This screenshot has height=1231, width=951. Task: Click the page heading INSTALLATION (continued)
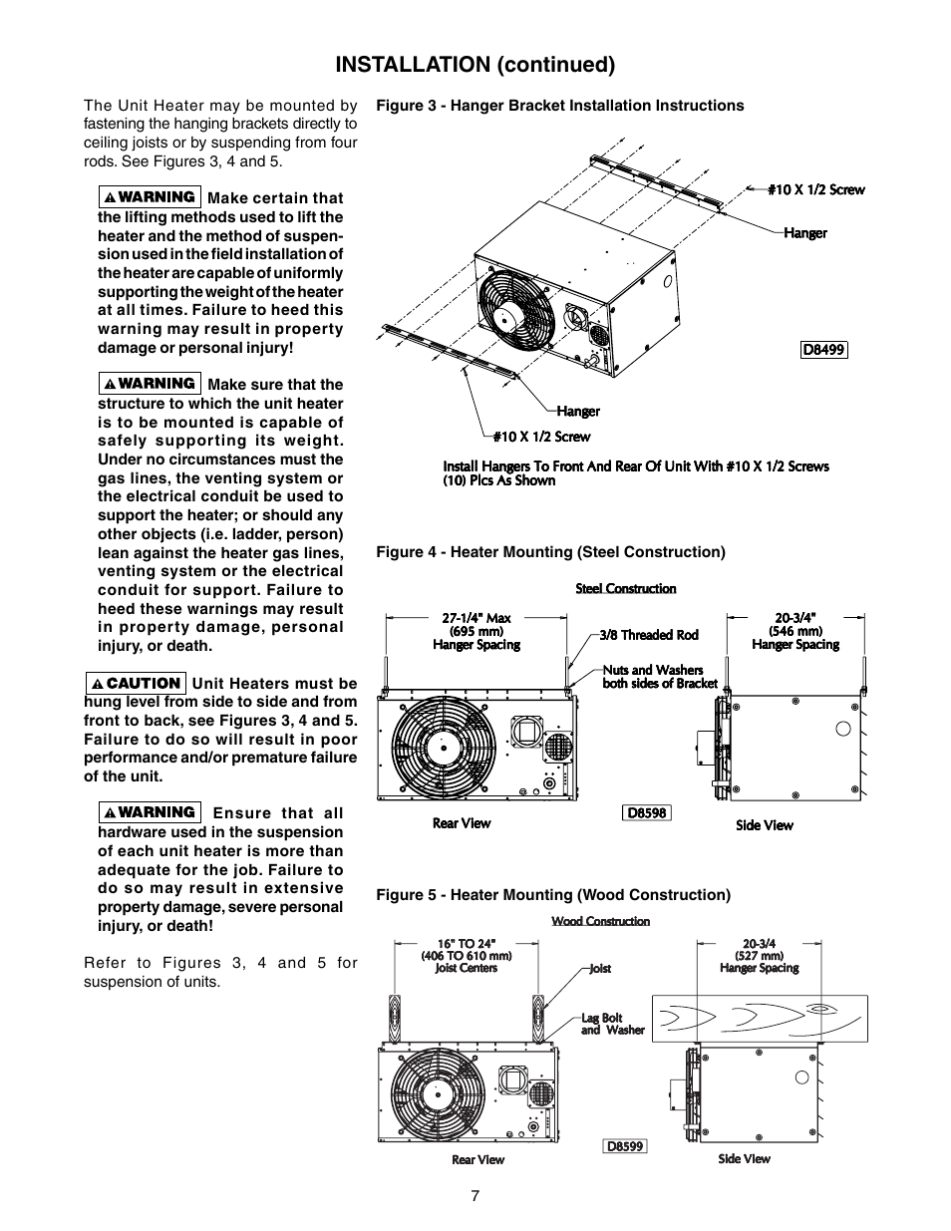pyautogui.click(x=475, y=65)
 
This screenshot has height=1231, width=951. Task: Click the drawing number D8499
pyautogui.click(x=824, y=350)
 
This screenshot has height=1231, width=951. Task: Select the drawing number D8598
pyautogui.click(x=646, y=812)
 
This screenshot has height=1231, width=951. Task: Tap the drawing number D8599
pyautogui.click(x=626, y=1146)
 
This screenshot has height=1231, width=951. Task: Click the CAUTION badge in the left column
pyautogui.click(x=136, y=683)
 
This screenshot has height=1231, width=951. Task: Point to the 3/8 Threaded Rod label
pyautogui.click(x=649, y=635)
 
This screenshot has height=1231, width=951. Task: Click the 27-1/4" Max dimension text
pyautogui.click(x=476, y=618)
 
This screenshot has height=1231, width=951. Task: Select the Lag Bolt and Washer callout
pyautogui.click(x=613, y=1025)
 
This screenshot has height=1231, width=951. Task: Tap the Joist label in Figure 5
pyautogui.click(x=600, y=969)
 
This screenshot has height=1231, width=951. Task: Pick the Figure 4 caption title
pyautogui.click(x=550, y=552)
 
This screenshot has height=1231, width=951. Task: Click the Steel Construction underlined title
pyautogui.click(x=626, y=588)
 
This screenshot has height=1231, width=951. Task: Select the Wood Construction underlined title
pyautogui.click(x=601, y=921)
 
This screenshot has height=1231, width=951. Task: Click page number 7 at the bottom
pyautogui.click(x=475, y=1196)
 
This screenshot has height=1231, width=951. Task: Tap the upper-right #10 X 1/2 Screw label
pyautogui.click(x=815, y=189)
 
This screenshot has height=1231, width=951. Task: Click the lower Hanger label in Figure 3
pyautogui.click(x=578, y=411)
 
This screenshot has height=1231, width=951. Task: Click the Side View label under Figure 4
pyautogui.click(x=765, y=825)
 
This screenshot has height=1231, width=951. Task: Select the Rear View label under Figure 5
pyautogui.click(x=478, y=1159)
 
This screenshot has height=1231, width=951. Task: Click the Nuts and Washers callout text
pyautogui.click(x=660, y=677)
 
